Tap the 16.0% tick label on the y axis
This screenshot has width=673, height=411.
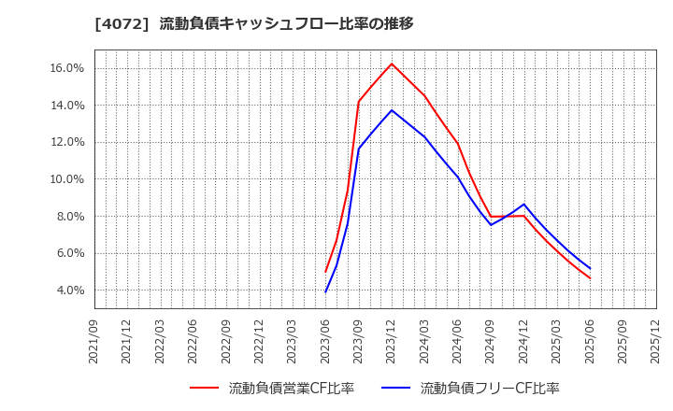coord(67,68)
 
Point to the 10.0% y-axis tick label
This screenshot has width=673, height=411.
coord(67,179)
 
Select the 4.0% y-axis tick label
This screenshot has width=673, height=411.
coord(70,291)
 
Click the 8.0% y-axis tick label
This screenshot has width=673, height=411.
coord(70,216)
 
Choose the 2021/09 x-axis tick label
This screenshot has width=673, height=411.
coord(94,341)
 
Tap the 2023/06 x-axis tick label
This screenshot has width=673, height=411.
coord(325,341)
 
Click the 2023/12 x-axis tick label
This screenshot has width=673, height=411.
coord(392,341)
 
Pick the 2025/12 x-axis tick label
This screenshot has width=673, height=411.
coord(656,341)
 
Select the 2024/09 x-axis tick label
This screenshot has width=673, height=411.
coord(491,341)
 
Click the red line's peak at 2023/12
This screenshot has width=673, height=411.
coord(392,64)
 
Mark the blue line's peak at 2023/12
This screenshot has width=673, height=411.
coord(392,110)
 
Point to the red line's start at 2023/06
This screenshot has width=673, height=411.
coord(325,272)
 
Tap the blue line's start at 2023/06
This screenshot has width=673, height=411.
coord(325,292)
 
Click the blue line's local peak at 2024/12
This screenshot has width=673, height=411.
coord(523,205)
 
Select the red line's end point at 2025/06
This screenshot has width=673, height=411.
coord(590,278)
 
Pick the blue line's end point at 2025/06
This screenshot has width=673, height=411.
coord(590,269)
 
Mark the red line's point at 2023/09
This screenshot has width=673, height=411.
coord(359,102)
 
